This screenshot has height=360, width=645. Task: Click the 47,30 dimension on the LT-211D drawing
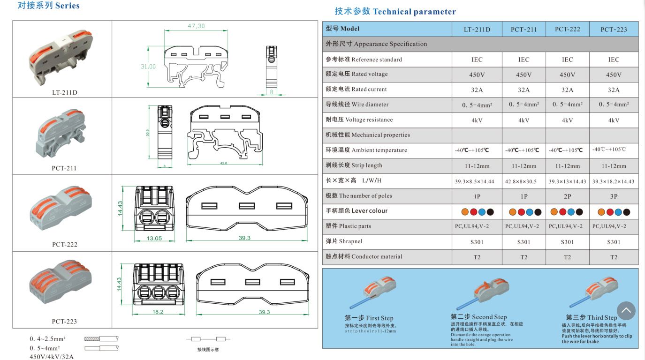pyautogui.click(x=196, y=26)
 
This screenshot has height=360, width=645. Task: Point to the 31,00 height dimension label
pyautogui.click(x=148, y=67)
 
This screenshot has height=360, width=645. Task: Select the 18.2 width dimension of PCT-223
pyautogui.click(x=158, y=312)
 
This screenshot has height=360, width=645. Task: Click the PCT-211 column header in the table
pyautogui.click(x=524, y=30)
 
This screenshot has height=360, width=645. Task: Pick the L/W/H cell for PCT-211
pyautogui.click(x=524, y=181)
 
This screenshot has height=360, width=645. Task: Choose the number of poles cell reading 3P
pyautogui.click(x=614, y=196)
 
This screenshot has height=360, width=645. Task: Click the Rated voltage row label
pyautogui.click(x=357, y=74)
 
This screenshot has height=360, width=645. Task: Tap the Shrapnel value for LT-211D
pyautogui.click(x=477, y=242)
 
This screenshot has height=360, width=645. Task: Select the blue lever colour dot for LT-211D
pyautogui.click(x=483, y=212)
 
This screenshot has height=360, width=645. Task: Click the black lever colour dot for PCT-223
pyautogui.click(x=627, y=212)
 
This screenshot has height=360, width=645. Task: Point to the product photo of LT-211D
pyautogui.click(x=61, y=56)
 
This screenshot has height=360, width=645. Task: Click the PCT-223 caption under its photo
pyautogui.click(x=64, y=322)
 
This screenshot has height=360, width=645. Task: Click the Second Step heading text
pyautogui.click(x=478, y=317)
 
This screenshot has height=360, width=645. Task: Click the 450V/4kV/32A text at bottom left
pyautogui.click(x=52, y=356)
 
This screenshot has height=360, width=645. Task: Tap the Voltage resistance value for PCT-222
pyautogui.click(x=567, y=120)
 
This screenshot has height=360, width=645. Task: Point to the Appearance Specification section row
pyautogui.click(x=376, y=44)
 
